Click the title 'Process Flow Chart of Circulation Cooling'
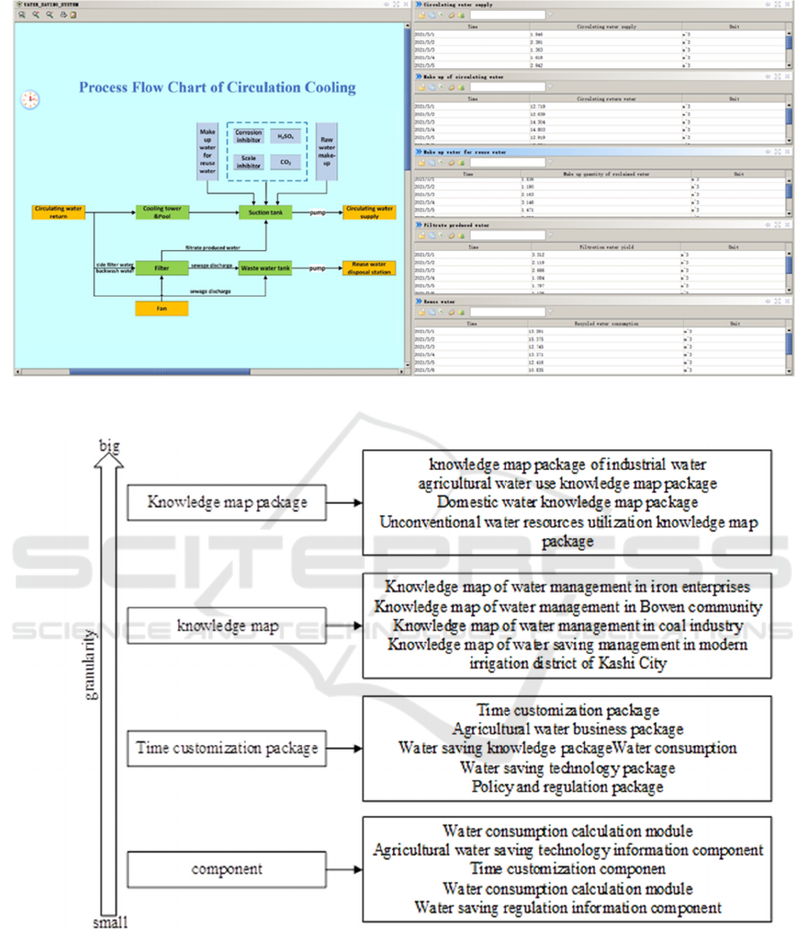(x=217, y=88)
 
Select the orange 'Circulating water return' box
(x=58, y=213)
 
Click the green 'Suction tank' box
(x=265, y=213)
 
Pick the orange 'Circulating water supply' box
(x=369, y=213)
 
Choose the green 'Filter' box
(x=161, y=267)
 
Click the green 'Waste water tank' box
(x=265, y=267)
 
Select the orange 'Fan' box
(x=161, y=309)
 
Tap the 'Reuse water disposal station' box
(x=369, y=267)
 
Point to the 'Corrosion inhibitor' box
(x=248, y=136)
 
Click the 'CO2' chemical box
(x=285, y=162)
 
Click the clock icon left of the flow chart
(x=30, y=100)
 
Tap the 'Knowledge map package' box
(x=227, y=503)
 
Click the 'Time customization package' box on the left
(x=227, y=747)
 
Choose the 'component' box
(x=227, y=869)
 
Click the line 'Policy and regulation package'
(x=568, y=787)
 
